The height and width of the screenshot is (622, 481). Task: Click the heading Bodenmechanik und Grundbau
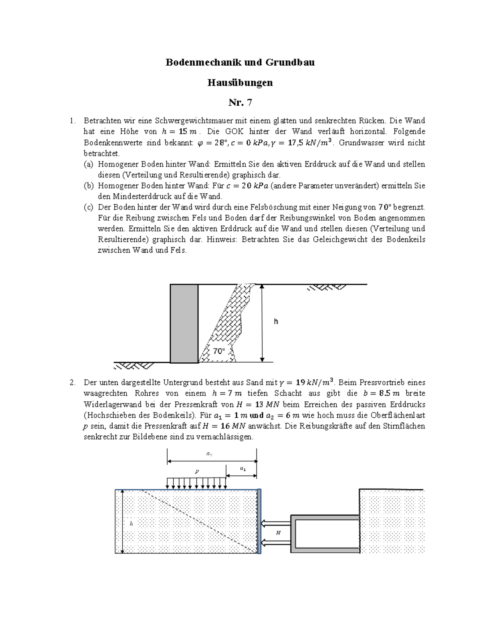(240, 62)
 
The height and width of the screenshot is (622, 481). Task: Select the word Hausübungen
(240, 83)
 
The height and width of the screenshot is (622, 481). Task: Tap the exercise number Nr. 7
(240, 103)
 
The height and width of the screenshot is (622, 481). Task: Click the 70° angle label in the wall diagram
(219, 351)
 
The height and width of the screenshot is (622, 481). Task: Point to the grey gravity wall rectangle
(184, 323)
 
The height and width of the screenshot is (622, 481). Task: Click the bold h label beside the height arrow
(276, 322)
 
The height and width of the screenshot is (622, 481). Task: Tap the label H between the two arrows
(278, 533)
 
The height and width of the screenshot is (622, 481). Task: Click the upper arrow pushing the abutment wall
(276, 523)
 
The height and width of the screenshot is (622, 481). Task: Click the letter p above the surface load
(197, 471)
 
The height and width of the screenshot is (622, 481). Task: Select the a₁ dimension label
(243, 468)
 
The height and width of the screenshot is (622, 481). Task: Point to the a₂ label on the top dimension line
(209, 454)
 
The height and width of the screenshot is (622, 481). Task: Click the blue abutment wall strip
(259, 521)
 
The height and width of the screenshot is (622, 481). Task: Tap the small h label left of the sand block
(131, 523)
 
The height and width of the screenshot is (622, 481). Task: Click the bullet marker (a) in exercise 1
(88, 164)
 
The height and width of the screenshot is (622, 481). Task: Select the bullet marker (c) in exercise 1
(88, 207)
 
